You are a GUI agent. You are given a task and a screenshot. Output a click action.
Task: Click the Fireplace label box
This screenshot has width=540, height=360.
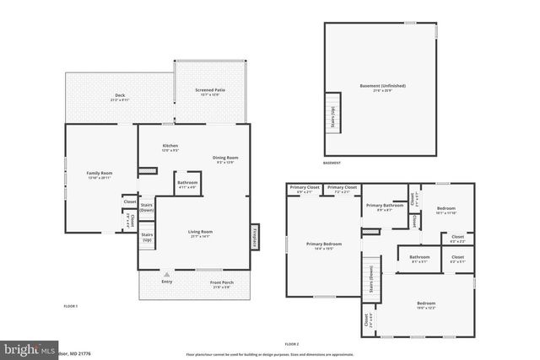tap(254, 237)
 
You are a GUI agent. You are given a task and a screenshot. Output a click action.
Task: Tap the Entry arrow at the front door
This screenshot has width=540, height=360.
tap(168, 275)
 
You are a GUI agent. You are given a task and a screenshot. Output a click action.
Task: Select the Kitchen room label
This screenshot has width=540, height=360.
tap(170, 148)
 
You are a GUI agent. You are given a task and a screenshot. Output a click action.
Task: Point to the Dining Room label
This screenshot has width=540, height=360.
tap(225, 159)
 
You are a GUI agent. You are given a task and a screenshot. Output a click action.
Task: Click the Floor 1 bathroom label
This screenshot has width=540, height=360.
tap(187, 184)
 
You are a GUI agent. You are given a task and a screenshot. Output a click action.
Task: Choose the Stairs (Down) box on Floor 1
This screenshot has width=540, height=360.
tap(147, 208)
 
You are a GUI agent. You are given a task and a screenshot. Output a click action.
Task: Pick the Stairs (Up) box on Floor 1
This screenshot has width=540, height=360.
tap(147, 237)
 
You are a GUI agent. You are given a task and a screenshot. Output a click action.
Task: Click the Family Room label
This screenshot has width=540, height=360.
tap(100, 175)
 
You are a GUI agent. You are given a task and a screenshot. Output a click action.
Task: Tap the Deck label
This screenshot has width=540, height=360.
tap(120, 97)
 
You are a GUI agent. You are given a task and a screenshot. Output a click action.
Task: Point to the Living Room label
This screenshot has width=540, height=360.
tap(200, 234)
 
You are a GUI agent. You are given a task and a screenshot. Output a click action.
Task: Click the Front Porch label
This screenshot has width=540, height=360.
tap(221, 284)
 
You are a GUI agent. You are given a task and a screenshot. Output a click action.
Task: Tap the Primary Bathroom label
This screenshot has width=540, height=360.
tap(384, 207)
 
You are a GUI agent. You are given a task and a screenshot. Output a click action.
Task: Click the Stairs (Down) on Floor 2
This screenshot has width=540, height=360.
tap(371, 277)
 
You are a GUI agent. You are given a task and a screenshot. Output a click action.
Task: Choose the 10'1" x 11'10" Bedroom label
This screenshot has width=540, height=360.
tap(446, 210)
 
